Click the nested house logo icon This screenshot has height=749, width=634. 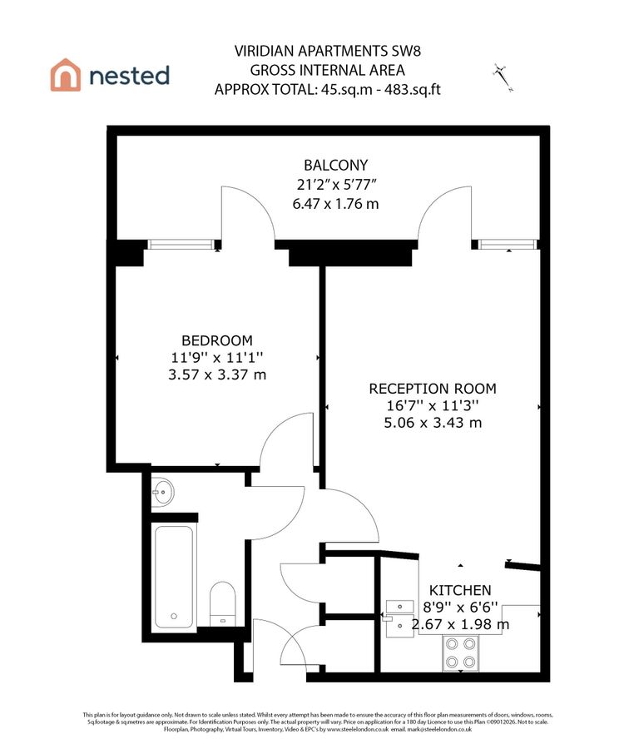coord(66,75)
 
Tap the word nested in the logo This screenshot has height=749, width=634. coord(128,76)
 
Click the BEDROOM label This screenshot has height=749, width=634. coord(216,340)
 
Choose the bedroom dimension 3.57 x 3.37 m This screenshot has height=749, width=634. coord(216,375)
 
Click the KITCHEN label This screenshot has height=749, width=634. coord(459,589)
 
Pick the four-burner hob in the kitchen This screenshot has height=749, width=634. coord(462,652)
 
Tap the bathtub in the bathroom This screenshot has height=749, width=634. coord(174,576)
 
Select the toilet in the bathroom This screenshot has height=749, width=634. coord(221,603)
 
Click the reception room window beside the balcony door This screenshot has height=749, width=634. coord(504,245)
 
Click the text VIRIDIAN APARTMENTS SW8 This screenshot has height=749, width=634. coord(327,51)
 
